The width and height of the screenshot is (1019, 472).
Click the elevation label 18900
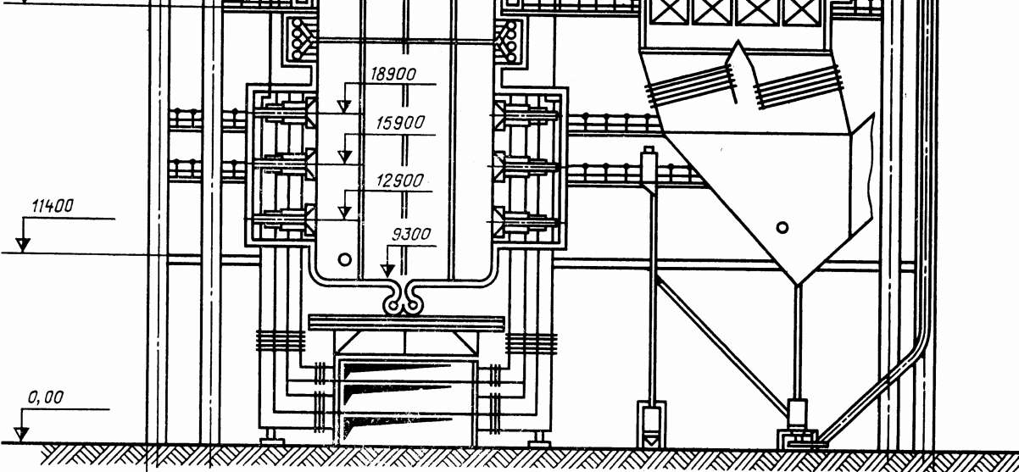point(393,74)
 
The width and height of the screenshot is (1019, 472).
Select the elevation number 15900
point(399,123)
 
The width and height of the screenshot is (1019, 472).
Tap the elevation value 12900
point(398,181)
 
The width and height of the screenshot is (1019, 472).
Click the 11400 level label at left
point(53,206)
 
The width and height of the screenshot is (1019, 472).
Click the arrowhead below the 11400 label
point(24,245)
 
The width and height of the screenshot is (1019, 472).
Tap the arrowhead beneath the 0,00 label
point(22,435)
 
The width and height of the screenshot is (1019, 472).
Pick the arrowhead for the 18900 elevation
point(343,106)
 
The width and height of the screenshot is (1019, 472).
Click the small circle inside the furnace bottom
point(343,258)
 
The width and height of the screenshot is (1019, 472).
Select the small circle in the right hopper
point(782,227)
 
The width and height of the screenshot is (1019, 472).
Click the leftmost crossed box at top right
point(666,11)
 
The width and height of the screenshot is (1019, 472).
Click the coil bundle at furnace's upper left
point(299,38)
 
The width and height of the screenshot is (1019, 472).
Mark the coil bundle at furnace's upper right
point(509,38)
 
